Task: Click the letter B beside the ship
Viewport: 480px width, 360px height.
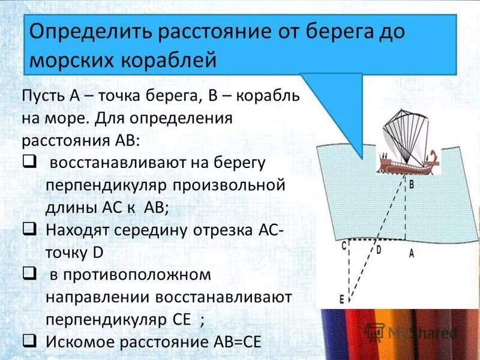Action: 412,184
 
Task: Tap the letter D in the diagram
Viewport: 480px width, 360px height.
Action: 378,250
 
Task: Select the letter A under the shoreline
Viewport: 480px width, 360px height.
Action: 411,253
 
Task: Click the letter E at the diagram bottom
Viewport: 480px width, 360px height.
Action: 341,299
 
